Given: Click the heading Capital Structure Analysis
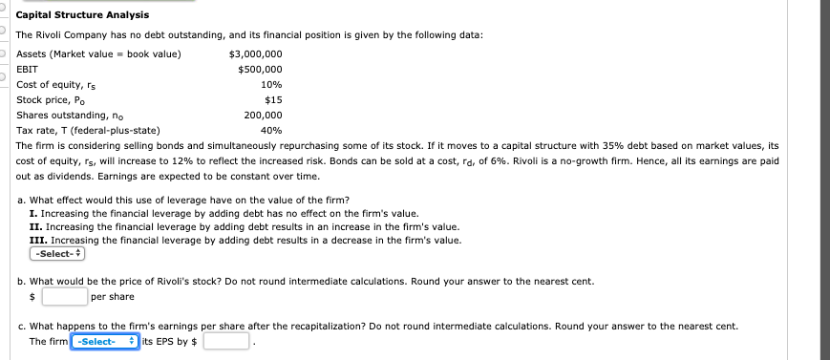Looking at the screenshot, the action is pyautogui.click(x=82, y=15).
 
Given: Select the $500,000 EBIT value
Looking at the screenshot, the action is pyautogui.click(x=259, y=69).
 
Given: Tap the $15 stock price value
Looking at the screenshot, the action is pyautogui.click(x=272, y=99).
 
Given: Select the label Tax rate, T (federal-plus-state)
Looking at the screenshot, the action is pyautogui.click(x=89, y=130).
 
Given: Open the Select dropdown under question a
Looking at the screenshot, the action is pyautogui.click(x=58, y=255).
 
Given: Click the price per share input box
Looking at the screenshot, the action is pyautogui.click(x=64, y=296).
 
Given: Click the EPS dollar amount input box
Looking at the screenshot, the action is pyautogui.click(x=226, y=341).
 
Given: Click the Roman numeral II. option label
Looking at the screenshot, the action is pyautogui.click(x=35, y=226).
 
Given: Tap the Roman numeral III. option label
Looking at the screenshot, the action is pyautogui.click(x=37, y=241).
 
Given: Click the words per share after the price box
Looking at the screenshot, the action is pyautogui.click(x=113, y=296).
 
